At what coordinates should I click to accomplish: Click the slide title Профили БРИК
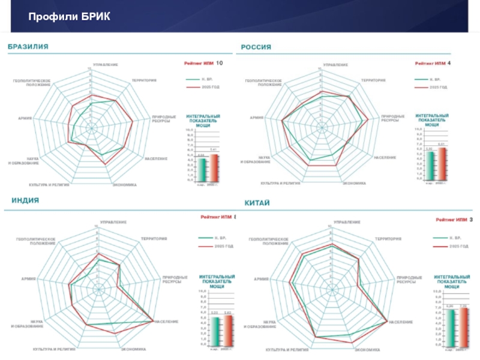tap(69, 15)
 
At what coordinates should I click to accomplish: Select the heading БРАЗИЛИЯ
tap(28, 46)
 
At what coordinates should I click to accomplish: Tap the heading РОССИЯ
tap(256, 47)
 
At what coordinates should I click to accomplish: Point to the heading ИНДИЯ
tap(26, 200)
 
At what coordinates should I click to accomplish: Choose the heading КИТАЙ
tap(257, 203)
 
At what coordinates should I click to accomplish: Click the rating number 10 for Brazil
tap(219, 63)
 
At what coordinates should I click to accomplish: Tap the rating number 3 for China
tap(471, 220)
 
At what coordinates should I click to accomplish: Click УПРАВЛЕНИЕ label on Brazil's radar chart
tap(105, 64)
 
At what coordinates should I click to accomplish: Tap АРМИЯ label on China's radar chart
tap(261, 279)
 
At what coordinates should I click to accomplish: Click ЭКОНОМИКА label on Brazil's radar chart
tap(125, 184)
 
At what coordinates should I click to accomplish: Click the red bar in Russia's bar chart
tap(442, 163)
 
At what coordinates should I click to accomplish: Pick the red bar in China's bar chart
tap(463, 327)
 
